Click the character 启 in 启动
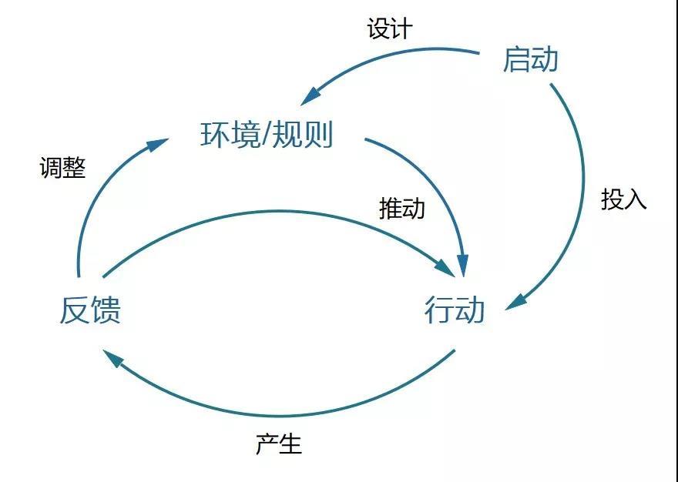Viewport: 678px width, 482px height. click(x=516, y=59)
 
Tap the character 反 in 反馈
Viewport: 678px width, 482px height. click(x=75, y=310)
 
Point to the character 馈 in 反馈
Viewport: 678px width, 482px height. click(x=106, y=310)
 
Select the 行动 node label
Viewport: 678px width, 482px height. click(x=455, y=310)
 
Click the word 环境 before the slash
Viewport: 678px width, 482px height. click(x=230, y=135)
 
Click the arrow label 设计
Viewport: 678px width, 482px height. click(x=390, y=29)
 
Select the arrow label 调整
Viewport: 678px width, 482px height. click(x=62, y=167)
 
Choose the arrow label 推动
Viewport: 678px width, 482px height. click(x=401, y=208)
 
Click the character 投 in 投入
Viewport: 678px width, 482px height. click(x=613, y=199)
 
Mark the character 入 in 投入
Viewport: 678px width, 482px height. click(x=635, y=199)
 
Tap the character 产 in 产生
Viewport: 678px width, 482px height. click(x=267, y=444)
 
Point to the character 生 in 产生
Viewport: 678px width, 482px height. click(x=290, y=444)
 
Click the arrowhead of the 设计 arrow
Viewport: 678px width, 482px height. click(x=310, y=97)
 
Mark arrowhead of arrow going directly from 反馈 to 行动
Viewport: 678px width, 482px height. click(x=445, y=268)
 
